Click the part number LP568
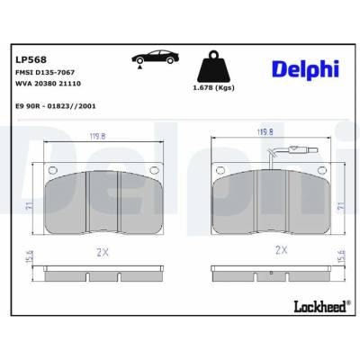pyautogui.click(x=31, y=59)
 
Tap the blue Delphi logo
pyautogui.click(x=306, y=69)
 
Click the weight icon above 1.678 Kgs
pyautogui.click(x=213, y=67)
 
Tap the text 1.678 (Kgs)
pyautogui.click(x=213, y=88)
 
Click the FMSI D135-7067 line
pyautogui.click(x=45, y=72)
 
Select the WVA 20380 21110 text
pyautogui.click(x=48, y=84)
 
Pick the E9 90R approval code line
pyautogui.click(x=56, y=106)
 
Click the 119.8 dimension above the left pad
pyautogui.click(x=98, y=137)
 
